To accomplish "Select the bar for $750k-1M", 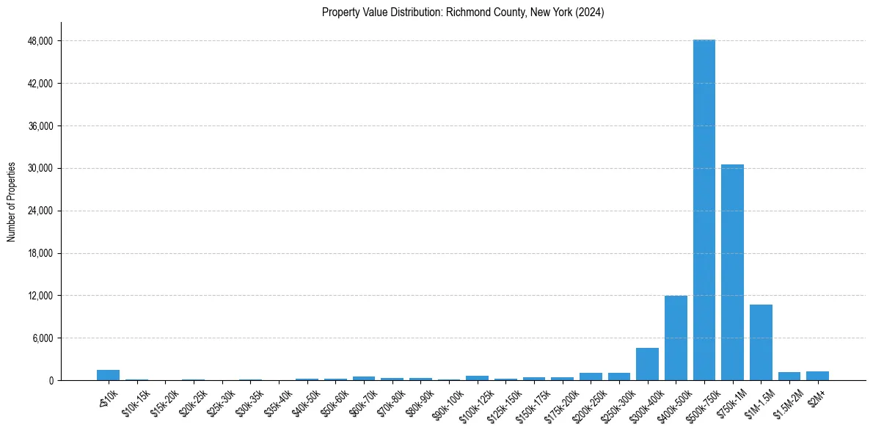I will (x=732, y=272).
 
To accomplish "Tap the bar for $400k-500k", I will (x=676, y=338).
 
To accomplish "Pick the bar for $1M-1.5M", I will (x=761, y=343).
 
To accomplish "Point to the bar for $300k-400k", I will (x=647, y=364).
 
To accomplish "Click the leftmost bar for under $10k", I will (x=108, y=375).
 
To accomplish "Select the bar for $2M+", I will (x=817, y=376).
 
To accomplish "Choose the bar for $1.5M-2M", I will (x=789, y=376).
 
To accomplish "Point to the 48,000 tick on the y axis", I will (x=40, y=41).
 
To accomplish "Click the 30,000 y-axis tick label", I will (x=40, y=169).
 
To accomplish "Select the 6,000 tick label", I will (x=42, y=338).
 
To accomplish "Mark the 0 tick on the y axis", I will (x=50, y=381).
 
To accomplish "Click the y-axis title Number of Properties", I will (x=11, y=202).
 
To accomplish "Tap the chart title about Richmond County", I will (x=463, y=12).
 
